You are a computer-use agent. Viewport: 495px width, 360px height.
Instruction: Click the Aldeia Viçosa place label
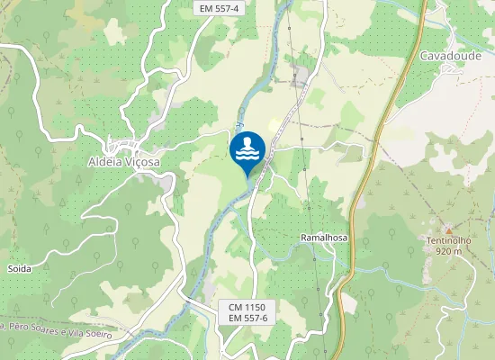tap(124, 162)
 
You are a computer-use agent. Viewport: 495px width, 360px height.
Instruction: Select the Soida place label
tap(19, 268)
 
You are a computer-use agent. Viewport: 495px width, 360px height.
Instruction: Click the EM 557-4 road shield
tap(219, 8)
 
